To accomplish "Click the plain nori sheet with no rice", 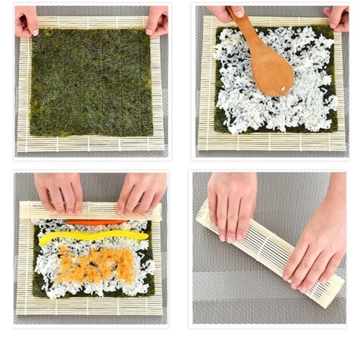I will tap(91, 82).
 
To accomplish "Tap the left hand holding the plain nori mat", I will tap(26, 20).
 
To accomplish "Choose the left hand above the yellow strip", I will tap(58, 191).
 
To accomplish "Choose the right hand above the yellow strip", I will tap(140, 192).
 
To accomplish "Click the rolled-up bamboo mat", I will tap(270, 253).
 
